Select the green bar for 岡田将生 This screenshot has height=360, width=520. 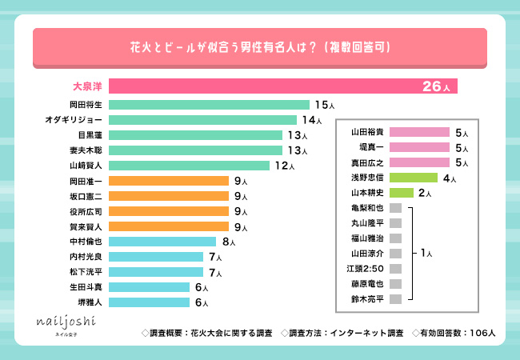tap(209, 105)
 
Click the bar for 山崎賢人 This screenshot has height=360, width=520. tap(189, 166)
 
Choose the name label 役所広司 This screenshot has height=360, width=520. tap(86, 211)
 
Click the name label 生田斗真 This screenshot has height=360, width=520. tap(86, 287)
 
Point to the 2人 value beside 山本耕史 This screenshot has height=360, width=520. tap(425, 194)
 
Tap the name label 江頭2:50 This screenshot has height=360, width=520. tap(368, 267)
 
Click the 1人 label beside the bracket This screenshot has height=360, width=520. tap(426, 253)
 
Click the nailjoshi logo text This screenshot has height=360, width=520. tap(63, 322)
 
